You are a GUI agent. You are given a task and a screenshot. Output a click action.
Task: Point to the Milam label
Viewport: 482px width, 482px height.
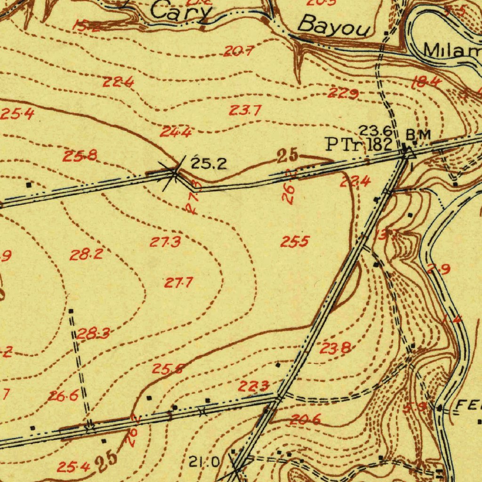click(x=452, y=49)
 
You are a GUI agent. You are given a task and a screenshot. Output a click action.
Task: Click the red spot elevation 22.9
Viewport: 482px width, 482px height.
click(x=343, y=94)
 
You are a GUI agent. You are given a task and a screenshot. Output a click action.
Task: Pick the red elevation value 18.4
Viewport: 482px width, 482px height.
click(x=426, y=83)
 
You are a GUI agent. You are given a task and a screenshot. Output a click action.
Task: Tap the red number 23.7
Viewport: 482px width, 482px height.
click(x=245, y=111)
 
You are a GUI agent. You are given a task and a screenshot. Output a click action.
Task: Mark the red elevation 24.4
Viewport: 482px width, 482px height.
click(x=175, y=132)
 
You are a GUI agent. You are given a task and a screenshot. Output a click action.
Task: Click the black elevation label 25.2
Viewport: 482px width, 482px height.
click(x=209, y=164)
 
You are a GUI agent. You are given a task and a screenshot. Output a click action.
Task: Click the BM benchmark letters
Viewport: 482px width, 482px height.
click(x=418, y=134)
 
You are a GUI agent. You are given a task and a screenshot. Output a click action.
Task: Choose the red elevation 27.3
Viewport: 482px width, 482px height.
click(x=165, y=242)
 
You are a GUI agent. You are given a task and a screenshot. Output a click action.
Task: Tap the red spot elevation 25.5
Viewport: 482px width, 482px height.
click(x=295, y=242)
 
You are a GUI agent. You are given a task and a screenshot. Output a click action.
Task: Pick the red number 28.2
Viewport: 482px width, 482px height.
click(x=86, y=255)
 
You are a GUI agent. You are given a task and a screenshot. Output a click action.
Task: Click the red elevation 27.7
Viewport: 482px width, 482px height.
click(x=178, y=283)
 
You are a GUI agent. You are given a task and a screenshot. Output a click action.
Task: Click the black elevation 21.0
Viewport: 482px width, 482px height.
click(x=204, y=463)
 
